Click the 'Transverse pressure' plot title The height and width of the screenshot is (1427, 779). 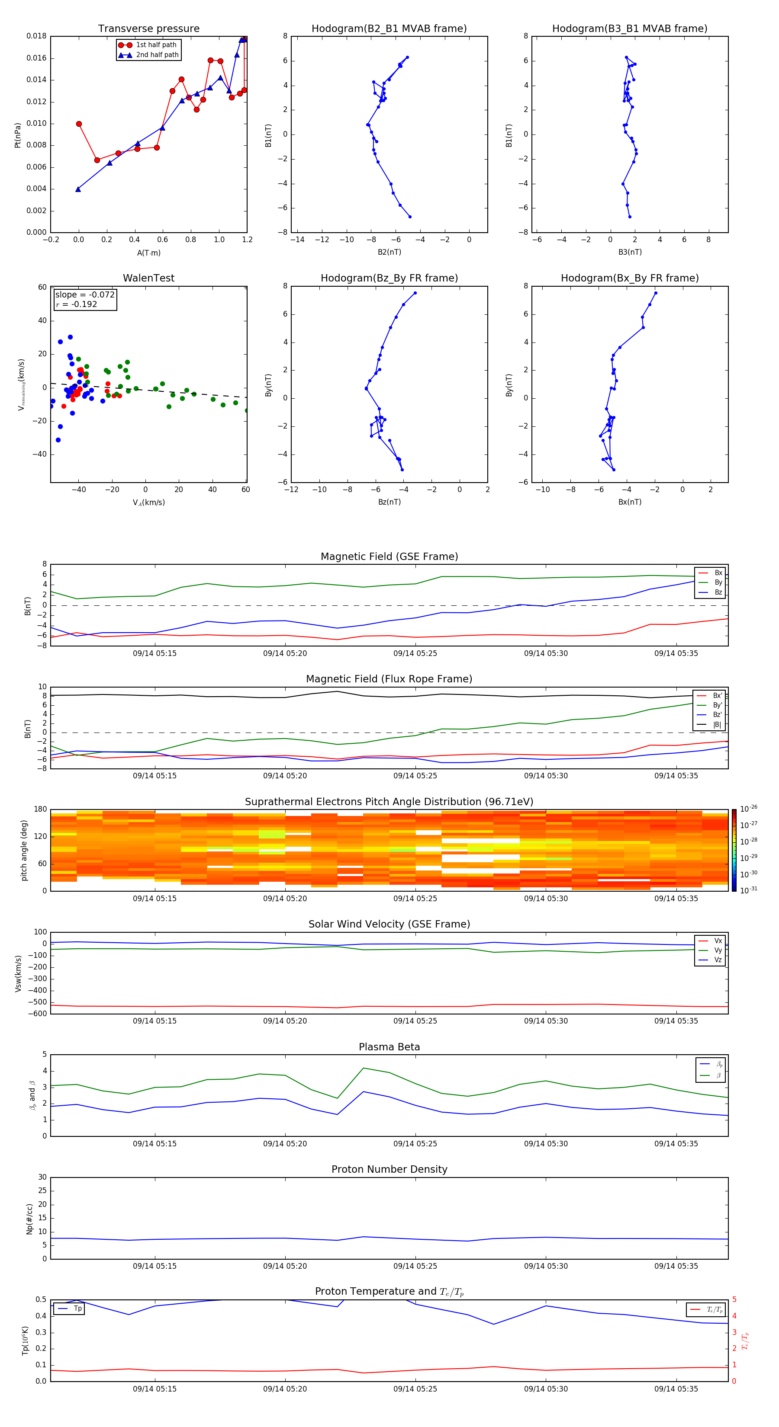148,29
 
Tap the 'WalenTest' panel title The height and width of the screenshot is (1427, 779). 148,278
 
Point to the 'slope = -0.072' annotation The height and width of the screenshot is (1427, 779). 85,295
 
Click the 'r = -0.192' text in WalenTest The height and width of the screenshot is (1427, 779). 77,304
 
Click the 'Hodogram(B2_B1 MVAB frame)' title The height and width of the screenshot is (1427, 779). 389,29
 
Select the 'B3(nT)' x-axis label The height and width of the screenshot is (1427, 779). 630,252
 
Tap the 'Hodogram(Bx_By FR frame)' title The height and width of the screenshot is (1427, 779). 629,278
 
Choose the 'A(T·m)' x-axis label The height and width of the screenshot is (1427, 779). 148,253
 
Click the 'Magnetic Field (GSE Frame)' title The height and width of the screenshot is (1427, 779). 389,557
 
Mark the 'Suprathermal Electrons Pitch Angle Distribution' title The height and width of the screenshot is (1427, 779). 389,802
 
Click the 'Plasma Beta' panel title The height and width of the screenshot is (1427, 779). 389,1047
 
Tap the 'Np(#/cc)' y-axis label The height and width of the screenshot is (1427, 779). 29,1219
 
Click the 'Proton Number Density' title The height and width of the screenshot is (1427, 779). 389,1169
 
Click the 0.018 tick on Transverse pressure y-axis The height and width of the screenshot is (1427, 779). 37,37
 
